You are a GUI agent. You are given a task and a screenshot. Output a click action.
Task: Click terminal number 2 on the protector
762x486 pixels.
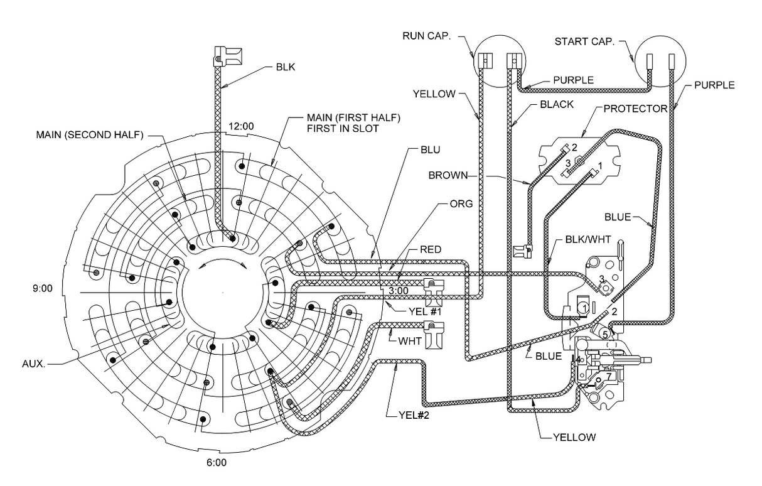572,148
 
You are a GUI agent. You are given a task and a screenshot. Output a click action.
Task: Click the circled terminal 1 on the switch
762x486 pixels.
584,308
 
